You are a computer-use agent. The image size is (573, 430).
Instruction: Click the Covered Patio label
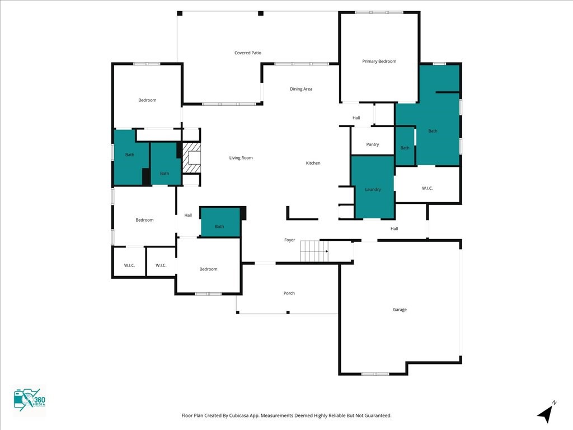(248, 53)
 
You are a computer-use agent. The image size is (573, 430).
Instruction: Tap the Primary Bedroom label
(379, 61)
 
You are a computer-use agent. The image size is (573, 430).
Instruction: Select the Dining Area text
(300, 89)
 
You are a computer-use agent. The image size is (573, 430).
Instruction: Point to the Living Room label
(241, 157)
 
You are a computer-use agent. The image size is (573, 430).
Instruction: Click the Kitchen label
(313, 163)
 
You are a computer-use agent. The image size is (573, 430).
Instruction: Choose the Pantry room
(372, 141)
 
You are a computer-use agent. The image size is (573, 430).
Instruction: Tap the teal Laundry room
(373, 187)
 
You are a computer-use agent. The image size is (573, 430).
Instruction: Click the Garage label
(400, 309)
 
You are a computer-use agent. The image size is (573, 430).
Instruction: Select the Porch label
(289, 293)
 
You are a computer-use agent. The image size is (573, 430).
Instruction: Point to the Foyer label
(289, 240)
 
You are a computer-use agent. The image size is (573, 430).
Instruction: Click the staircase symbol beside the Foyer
(314, 251)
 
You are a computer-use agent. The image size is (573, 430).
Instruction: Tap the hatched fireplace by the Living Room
(191, 157)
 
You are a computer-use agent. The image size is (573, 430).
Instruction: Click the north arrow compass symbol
(546, 413)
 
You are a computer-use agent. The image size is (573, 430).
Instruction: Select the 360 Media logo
(29, 400)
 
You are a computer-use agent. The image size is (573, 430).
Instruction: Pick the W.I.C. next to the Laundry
(427, 188)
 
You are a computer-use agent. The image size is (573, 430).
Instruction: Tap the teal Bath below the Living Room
(219, 222)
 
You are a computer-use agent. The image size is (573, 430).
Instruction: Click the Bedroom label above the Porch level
(208, 269)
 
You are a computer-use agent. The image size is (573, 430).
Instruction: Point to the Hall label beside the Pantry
(356, 118)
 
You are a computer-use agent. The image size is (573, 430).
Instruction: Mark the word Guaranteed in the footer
(379, 415)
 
